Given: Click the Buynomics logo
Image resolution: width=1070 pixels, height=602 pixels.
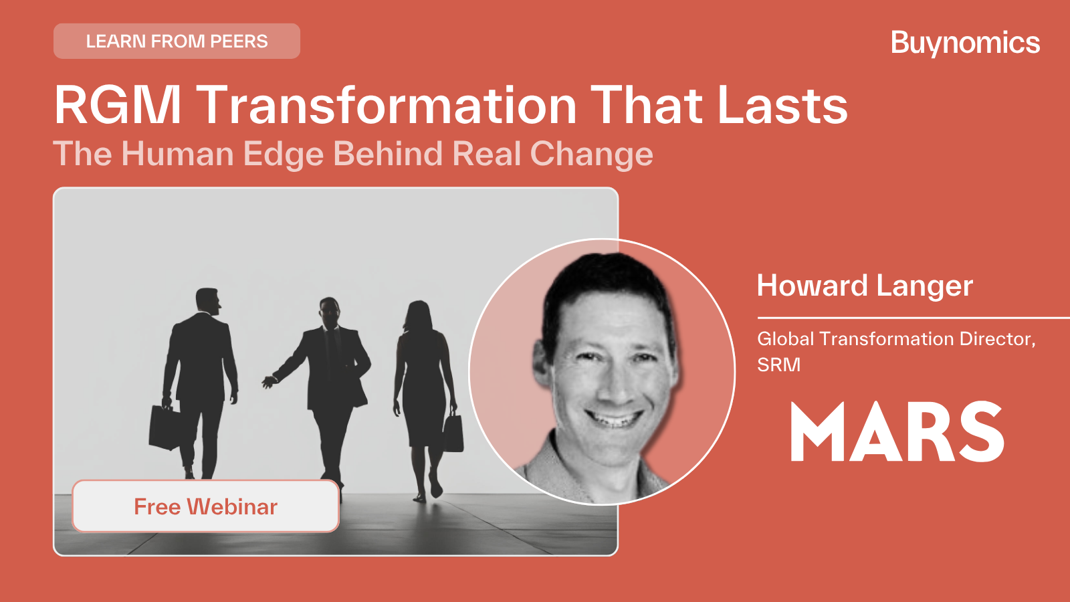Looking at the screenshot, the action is coord(966,43).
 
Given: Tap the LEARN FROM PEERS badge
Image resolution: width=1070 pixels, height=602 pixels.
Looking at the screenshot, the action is coord(177,41).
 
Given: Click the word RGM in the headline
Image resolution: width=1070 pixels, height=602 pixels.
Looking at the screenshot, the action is coord(118,105).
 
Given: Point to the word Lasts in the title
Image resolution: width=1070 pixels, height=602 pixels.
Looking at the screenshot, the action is coord(782,105).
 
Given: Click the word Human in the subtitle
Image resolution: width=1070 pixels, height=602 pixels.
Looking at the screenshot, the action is coord(177,153).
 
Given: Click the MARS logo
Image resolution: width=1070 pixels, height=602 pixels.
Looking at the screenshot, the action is coord(897,431).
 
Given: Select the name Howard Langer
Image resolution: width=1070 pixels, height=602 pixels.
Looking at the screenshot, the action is coord(865,286).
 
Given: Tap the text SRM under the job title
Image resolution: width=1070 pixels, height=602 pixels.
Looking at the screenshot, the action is coord(778,365).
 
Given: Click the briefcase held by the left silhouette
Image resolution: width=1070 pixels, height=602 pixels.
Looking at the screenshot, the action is coord(165,427).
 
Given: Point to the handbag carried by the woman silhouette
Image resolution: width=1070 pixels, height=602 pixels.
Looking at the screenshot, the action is coord(453,433).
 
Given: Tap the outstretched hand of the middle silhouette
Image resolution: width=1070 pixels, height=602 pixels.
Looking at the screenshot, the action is coord(270,382).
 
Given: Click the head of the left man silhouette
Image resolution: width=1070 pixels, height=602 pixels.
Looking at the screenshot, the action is coord(208,300).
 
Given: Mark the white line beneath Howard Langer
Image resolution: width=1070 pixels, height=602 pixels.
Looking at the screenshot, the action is coord(914,318).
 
